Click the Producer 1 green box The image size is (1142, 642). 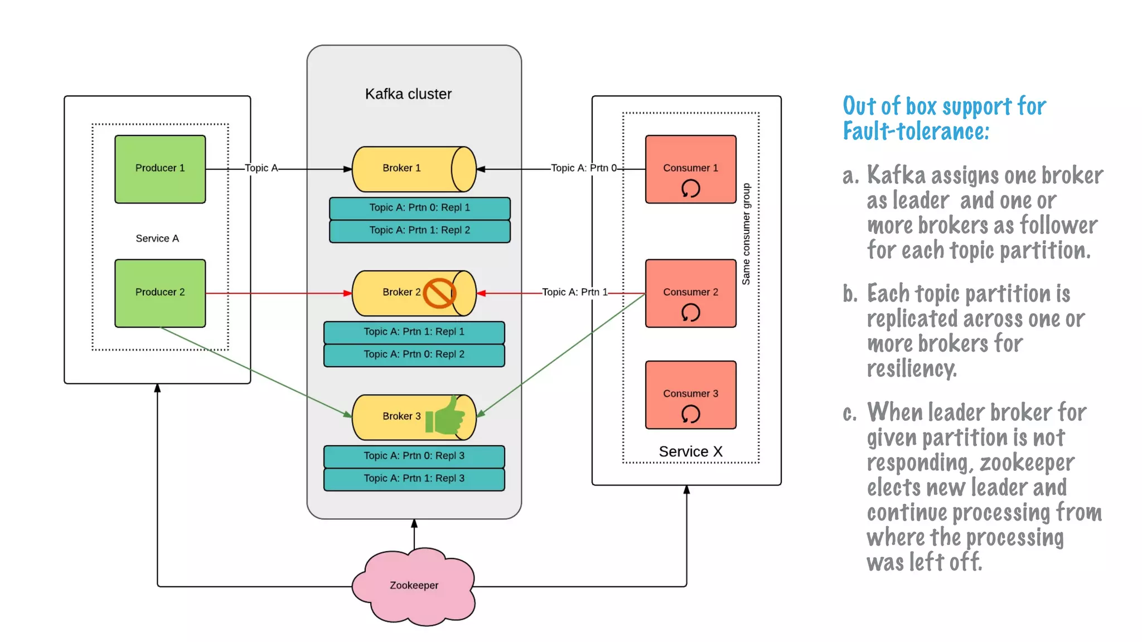[160, 169]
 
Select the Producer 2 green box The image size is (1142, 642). [160, 293]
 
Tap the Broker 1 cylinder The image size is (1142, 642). [414, 169]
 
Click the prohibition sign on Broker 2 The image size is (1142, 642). [439, 293]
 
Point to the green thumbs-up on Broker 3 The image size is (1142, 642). [446, 416]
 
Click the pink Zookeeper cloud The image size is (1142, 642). [414, 586]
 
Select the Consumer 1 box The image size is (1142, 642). [690, 169]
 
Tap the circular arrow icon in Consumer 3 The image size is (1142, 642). [690, 414]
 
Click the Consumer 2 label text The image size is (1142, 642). [690, 292]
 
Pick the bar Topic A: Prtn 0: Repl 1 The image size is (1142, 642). [419, 208]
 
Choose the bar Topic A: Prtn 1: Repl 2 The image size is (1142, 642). [419, 231]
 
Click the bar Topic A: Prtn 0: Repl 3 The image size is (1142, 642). [414, 456]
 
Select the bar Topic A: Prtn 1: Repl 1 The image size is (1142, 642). [414, 332]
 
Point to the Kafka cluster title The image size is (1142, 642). [408, 94]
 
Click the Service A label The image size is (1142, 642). [157, 239]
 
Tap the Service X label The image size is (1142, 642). [690, 451]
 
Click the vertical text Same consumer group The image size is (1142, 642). [746, 234]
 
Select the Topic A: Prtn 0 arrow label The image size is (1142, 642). [583, 168]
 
